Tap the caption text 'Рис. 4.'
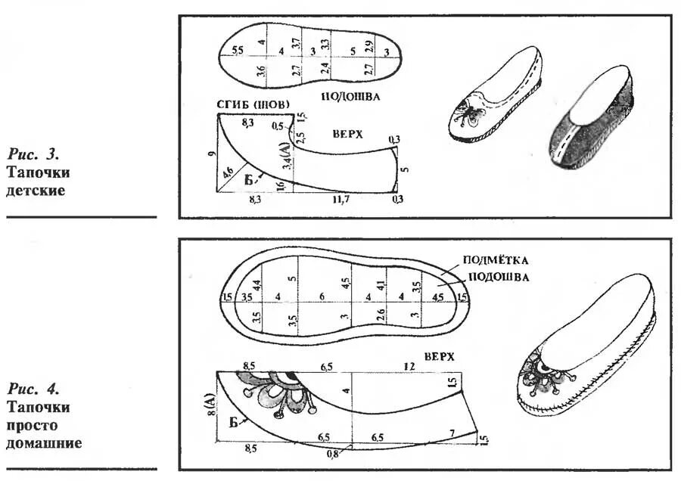[x=33, y=389]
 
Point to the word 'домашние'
[x=44, y=442]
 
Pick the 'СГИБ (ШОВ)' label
[x=251, y=104]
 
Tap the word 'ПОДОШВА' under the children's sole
[x=350, y=97]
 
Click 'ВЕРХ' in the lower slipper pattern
[x=440, y=355]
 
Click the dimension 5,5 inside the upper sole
[x=238, y=51]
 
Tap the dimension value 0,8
[x=331, y=454]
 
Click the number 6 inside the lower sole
[x=322, y=296]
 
